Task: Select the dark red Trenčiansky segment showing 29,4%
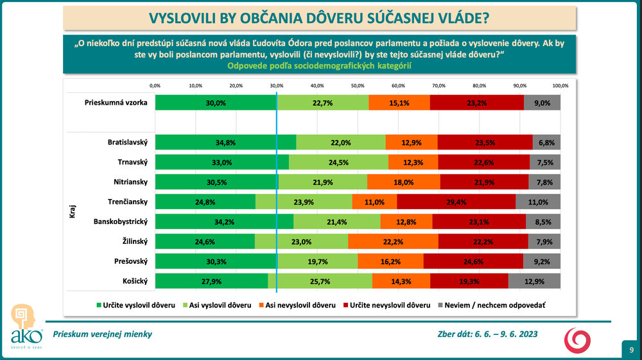456,202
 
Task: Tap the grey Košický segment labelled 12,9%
534,282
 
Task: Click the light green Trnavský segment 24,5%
338,162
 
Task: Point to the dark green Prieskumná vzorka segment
215,103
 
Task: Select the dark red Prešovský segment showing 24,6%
473,262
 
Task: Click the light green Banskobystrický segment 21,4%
336,222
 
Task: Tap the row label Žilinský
132,242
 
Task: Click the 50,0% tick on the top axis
358,85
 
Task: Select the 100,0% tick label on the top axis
560,85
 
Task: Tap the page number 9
632,350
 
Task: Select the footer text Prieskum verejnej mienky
103,334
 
